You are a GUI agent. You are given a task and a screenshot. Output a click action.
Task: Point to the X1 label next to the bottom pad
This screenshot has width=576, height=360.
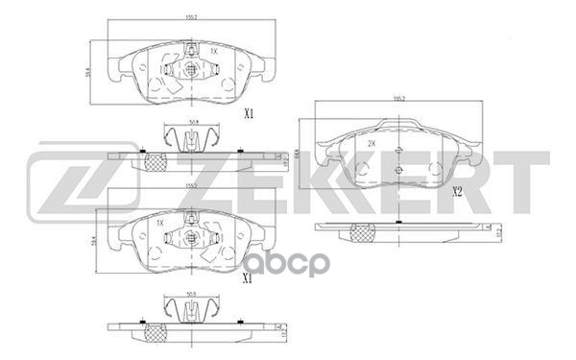coord(248,277)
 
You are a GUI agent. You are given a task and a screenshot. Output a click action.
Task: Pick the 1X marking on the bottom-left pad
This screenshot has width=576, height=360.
coord(161,224)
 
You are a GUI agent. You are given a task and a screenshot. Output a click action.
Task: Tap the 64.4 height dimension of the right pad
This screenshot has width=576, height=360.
coord(298,152)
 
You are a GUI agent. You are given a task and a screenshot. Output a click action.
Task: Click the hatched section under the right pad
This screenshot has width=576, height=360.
coord(362,231)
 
